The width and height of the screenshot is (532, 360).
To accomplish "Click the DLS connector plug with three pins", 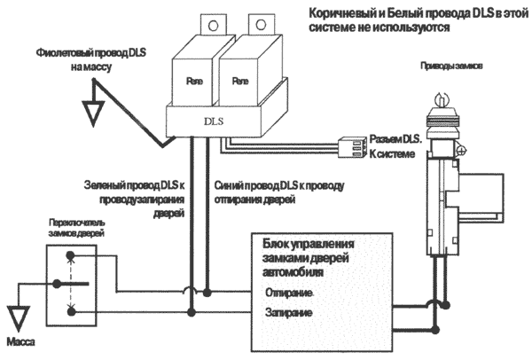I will click(x=349, y=145).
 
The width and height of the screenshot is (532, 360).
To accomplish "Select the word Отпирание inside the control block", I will click(x=287, y=292).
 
